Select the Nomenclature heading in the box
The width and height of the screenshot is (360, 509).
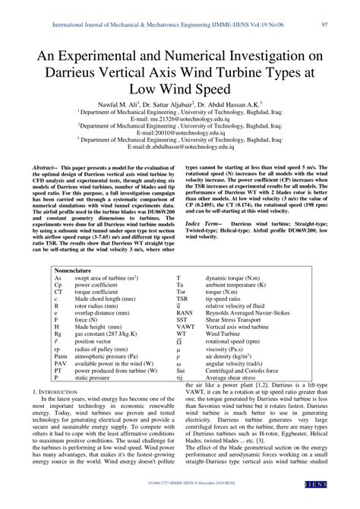(79, 270)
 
